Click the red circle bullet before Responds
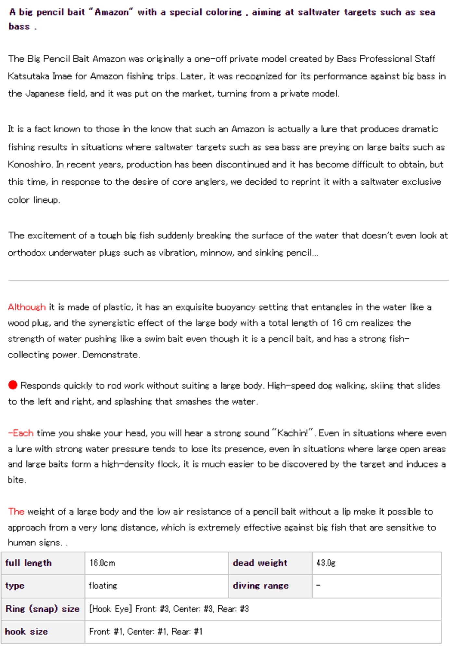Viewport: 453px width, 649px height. pyautogui.click(x=13, y=385)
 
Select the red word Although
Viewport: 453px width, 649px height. pyautogui.click(x=27, y=307)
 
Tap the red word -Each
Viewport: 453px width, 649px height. pyautogui.click(x=21, y=433)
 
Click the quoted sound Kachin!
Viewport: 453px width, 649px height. pyautogui.click(x=292, y=433)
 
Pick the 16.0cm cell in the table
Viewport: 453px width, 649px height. pyautogui.click(x=102, y=563)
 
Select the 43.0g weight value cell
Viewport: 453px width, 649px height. pyautogui.click(x=326, y=563)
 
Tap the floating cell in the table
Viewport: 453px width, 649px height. pyautogui.click(x=103, y=586)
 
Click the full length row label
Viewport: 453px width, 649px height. pyautogui.click(x=28, y=563)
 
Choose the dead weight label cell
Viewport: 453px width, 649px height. pyautogui.click(x=260, y=563)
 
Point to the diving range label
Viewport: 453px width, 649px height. pyautogui.click(x=260, y=586)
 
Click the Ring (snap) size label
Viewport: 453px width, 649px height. pyautogui.click(x=42, y=609)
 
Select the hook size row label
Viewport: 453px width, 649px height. pyautogui.click(x=26, y=631)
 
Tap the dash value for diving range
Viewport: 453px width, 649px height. pyautogui.click(x=318, y=585)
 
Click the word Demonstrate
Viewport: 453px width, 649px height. pyautogui.click(x=110, y=355)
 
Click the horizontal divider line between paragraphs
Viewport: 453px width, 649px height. pyautogui.click(x=227, y=280)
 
